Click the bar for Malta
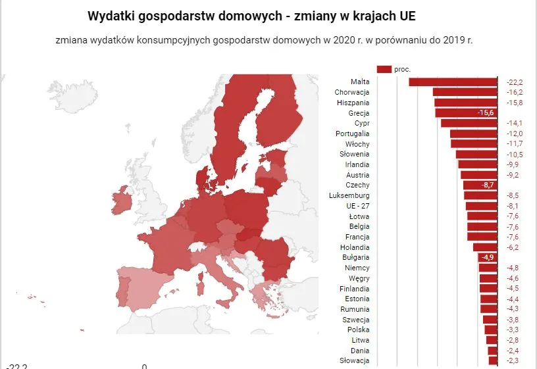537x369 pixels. (x=453, y=82)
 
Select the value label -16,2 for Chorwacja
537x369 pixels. (x=514, y=93)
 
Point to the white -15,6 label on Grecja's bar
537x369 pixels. (x=486, y=113)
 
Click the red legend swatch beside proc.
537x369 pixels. (x=384, y=69)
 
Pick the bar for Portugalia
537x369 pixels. (x=473, y=134)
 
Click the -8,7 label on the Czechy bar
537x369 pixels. (x=488, y=185)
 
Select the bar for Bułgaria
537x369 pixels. (x=487, y=257)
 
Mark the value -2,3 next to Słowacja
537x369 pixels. (x=514, y=360)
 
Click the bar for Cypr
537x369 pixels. (x=469, y=124)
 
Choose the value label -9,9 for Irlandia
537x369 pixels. (x=514, y=164)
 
